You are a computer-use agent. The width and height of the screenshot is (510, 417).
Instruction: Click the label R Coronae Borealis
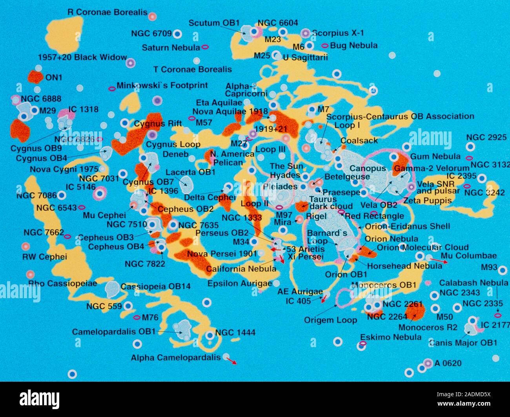point(107,12)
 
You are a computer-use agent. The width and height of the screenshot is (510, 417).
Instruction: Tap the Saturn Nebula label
point(171,48)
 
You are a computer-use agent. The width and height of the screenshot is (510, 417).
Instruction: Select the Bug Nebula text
point(353,46)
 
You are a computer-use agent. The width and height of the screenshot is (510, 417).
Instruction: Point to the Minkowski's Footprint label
point(162,86)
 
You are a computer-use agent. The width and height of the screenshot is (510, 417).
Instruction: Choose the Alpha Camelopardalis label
point(176,358)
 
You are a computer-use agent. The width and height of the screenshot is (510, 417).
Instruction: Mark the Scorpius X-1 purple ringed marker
point(306,33)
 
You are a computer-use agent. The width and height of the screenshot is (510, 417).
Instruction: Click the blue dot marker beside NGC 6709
point(177,34)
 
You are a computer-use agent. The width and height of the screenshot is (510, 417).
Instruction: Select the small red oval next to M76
point(137,317)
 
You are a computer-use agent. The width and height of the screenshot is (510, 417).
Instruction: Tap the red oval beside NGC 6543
point(82,208)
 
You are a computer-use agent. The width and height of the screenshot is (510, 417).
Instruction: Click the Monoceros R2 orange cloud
point(415,311)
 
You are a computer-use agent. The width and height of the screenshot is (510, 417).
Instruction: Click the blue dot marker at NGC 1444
point(210,335)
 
